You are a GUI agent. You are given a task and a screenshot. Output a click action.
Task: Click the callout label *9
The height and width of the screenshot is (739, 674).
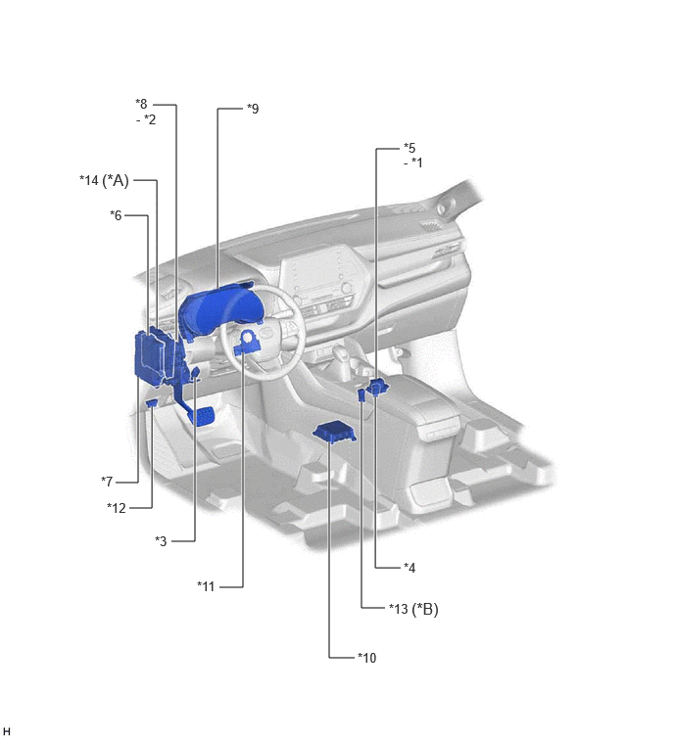pyautogui.click(x=253, y=109)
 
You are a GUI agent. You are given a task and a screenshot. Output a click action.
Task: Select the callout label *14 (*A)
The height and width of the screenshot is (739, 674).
pyautogui.click(x=104, y=180)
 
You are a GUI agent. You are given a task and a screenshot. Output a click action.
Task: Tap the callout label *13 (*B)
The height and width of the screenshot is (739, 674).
pyautogui.click(x=413, y=609)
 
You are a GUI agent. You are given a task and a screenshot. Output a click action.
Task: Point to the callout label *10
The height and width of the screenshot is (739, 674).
pyautogui.click(x=367, y=658)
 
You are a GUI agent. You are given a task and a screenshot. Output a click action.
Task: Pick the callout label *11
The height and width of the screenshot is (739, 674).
pyautogui.click(x=206, y=586)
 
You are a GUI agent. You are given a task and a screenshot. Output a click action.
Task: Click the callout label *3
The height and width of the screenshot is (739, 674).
pyautogui.click(x=161, y=541)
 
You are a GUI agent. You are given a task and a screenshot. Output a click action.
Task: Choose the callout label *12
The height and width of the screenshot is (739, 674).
pyautogui.click(x=117, y=508)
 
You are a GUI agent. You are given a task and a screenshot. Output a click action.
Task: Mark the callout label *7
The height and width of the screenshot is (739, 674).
pyautogui.click(x=107, y=482)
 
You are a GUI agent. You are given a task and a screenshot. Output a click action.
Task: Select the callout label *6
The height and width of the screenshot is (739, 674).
pyautogui.click(x=116, y=215)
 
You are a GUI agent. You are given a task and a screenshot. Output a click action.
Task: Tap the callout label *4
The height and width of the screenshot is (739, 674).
pyautogui.click(x=409, y=568)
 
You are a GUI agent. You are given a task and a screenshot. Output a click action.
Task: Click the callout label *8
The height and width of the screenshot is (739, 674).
pyautogui.click(x=141, y=104)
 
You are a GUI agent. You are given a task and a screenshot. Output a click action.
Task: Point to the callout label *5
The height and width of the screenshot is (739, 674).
pyautogui.click(x=409, y=148)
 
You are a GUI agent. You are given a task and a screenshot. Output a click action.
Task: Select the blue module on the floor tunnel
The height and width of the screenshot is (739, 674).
pyautogui.click(x=334, y=433)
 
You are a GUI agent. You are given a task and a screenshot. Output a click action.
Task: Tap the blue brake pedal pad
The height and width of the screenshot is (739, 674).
pyautogui.click(x=203, y=417)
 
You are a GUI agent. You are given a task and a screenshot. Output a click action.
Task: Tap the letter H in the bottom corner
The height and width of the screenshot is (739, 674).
pyautogui.click(x=6, y=731)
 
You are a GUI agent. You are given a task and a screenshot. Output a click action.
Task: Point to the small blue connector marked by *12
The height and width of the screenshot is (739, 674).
pyautogui.click(x=153, y=403)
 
